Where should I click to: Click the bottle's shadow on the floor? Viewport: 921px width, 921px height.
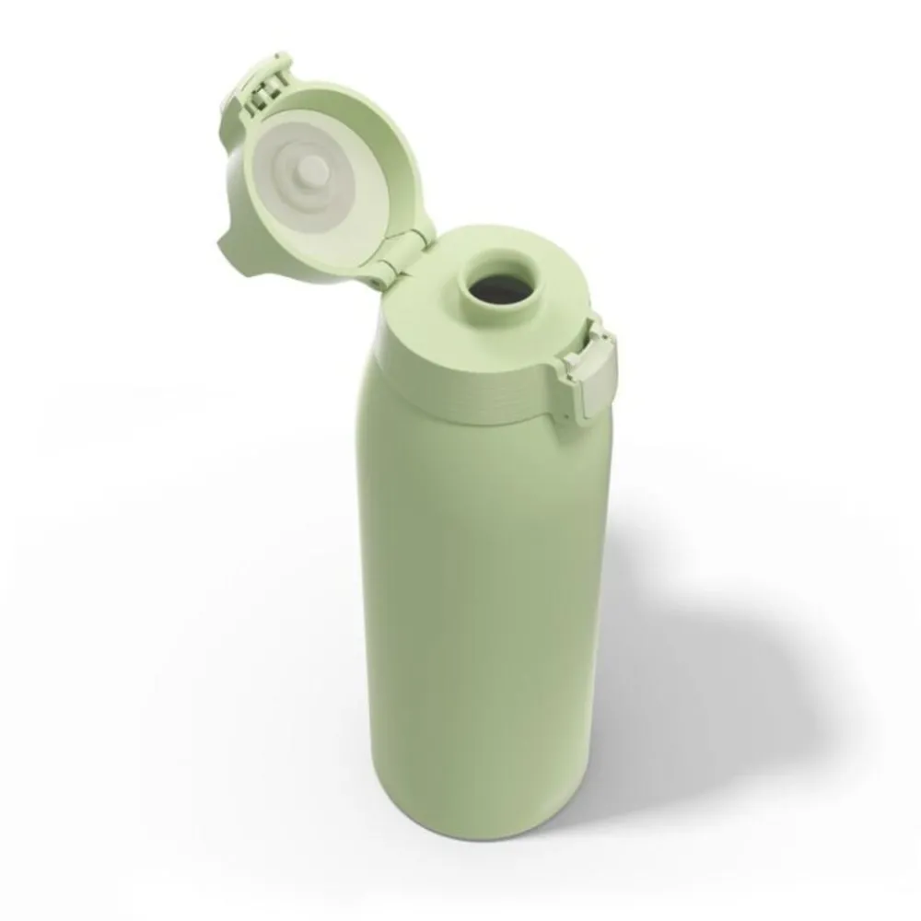coord(700,663)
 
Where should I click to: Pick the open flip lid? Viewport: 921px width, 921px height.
coord(322,175)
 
